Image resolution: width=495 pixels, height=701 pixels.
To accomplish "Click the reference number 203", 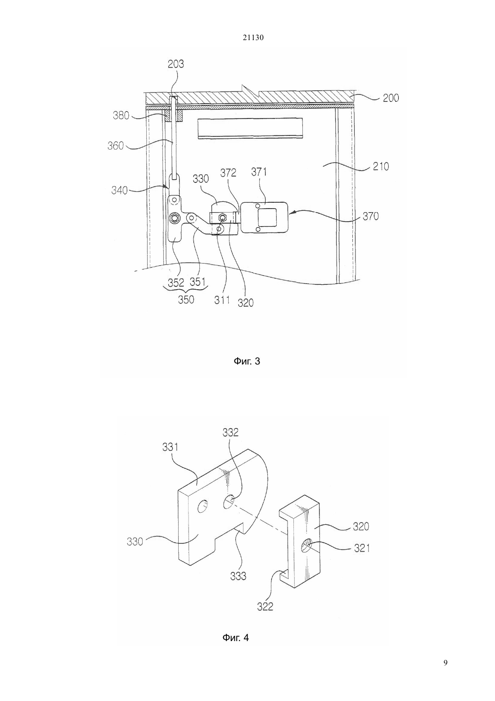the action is pos(175,64).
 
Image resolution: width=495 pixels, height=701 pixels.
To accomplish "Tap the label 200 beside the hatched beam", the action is pos(391,98).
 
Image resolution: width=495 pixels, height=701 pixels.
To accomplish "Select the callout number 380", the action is pos(121,115).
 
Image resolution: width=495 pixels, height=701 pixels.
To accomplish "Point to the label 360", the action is pos(116,146).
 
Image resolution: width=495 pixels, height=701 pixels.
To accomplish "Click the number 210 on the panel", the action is pos(381,166).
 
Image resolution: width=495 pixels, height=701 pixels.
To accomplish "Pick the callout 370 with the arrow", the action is pos(370,216).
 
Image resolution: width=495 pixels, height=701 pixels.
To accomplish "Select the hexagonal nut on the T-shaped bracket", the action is pos(174,218).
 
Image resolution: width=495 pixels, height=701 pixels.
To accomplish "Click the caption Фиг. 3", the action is pos(247,361).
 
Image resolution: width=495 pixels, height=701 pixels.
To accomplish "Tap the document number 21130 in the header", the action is pos(253,38).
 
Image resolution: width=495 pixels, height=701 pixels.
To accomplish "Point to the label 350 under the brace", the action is pos(186,300).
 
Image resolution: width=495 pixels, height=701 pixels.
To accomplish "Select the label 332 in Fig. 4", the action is pos(230,432).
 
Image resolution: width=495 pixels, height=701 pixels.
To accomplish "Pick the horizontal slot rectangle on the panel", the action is pos(250,128).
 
